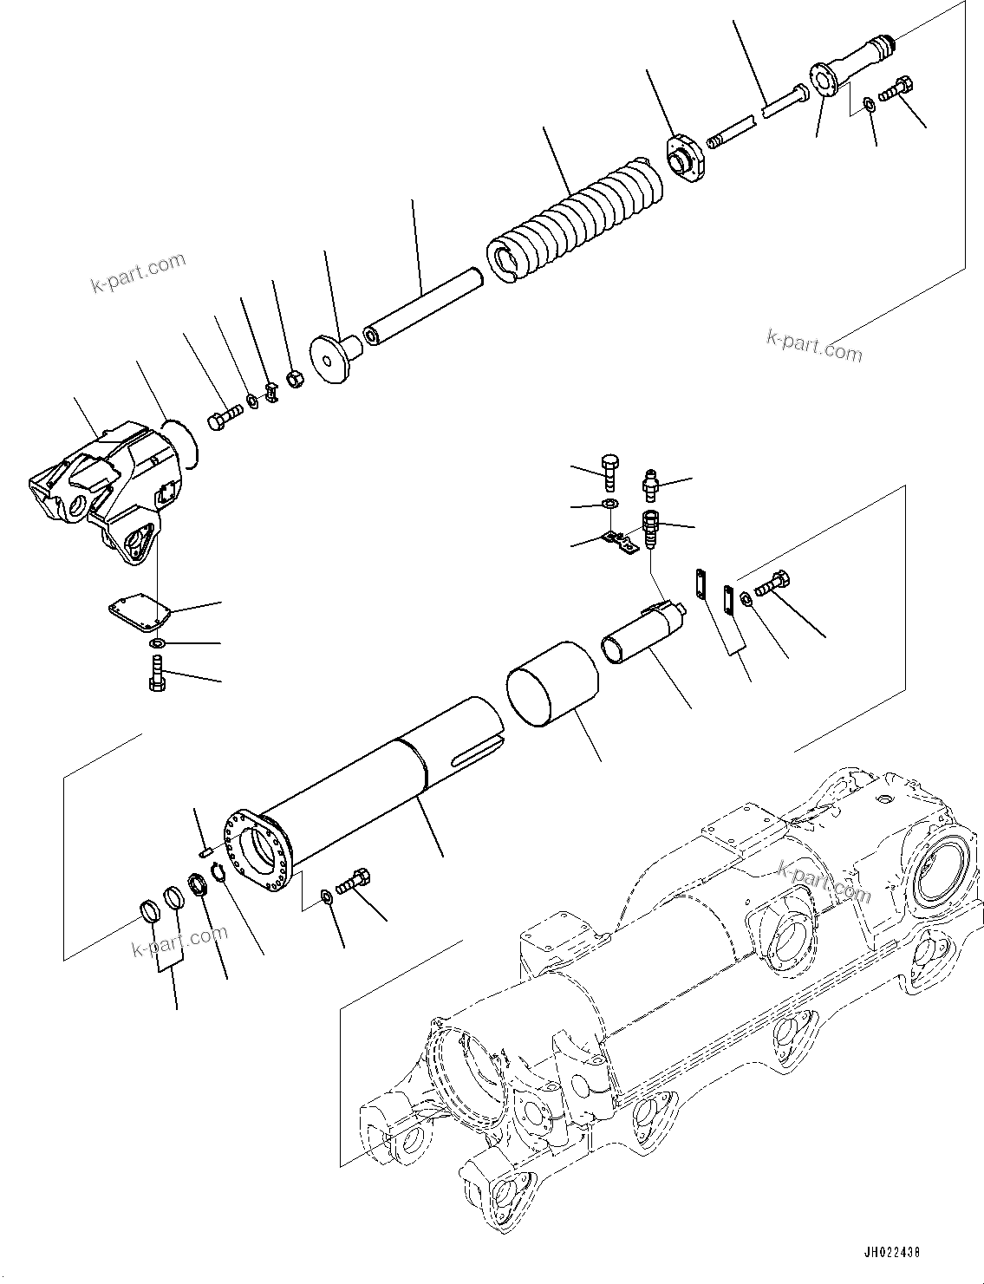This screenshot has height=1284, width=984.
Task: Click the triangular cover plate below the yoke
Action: pos(139,616)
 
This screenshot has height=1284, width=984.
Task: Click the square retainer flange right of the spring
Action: pos(685,160)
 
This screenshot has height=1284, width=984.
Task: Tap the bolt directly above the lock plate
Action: pos(610,470)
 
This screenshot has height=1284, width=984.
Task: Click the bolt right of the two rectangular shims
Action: pos(772,584)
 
